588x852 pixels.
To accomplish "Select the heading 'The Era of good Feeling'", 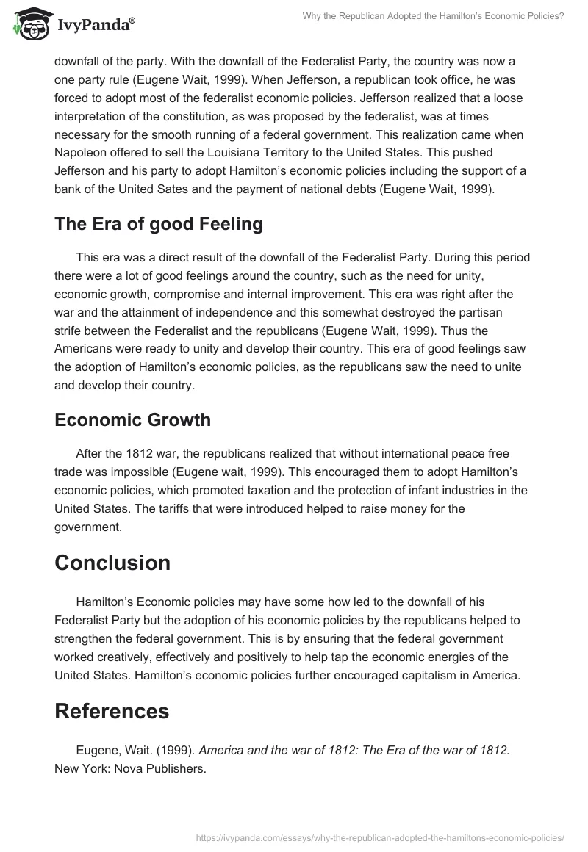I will (x=158, y=224).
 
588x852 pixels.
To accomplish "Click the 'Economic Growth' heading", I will (x=132, y=419).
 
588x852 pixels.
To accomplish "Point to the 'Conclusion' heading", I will (x=112, y=563).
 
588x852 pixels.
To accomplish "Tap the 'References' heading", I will (x=112, y=711).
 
